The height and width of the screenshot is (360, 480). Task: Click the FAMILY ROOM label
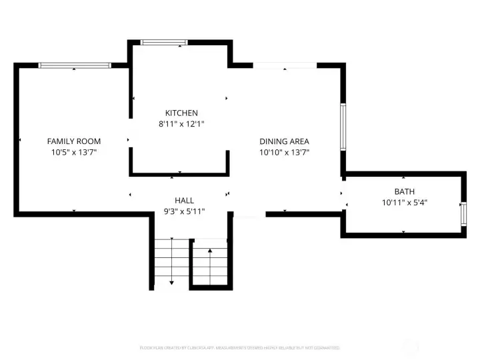coord(73,141)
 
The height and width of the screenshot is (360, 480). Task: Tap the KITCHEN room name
coord(181,113)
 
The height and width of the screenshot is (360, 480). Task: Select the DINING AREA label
coord(284,141)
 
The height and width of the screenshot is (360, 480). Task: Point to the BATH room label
coord(404,191)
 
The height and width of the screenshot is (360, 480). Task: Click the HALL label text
coord(184,200)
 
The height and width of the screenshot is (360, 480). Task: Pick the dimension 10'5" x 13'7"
coord(73,152)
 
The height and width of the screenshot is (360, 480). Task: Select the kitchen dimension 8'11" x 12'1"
coord(181,123)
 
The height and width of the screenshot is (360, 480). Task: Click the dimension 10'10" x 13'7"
coord(284,152)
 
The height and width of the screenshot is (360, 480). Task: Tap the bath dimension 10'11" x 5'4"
coord(404,202)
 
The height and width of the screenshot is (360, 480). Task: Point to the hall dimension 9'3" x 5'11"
coord(184,211)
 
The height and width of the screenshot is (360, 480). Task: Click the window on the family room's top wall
coord(74,65)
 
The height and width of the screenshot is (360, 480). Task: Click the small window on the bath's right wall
coord(464,214)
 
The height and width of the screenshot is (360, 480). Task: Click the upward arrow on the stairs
coord(210,252)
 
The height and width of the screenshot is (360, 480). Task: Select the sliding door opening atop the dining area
coord(285,65)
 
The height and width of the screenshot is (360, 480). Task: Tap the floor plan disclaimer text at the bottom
coord(239,347)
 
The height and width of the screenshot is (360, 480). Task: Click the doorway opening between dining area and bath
coord(343,194)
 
